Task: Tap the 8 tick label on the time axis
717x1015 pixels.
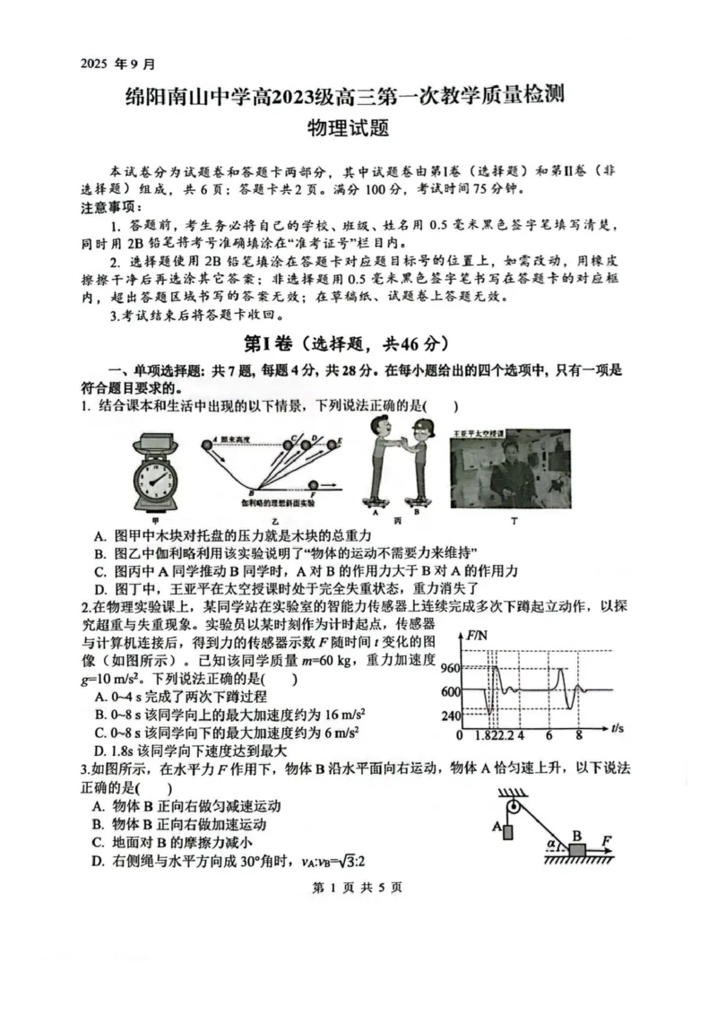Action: click(579, 735)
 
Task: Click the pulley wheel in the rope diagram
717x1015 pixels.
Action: click(514, 810)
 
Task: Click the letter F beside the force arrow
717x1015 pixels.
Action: click(608, 839)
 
